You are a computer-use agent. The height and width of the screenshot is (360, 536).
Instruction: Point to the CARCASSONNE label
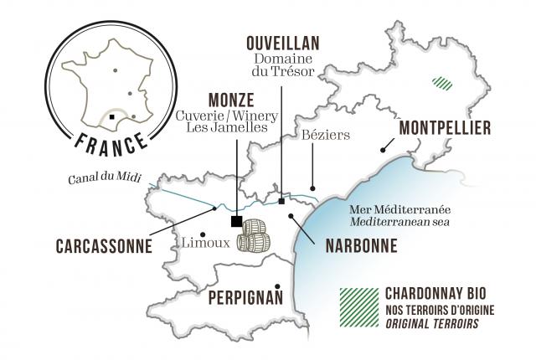pyautogui.click(x=103, y=247)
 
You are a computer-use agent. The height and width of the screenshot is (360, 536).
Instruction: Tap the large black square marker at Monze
pyautogui.click(x=237, y=221)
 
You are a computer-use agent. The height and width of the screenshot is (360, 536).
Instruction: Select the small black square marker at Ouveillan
pyautogui.click(x=281, y=201)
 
